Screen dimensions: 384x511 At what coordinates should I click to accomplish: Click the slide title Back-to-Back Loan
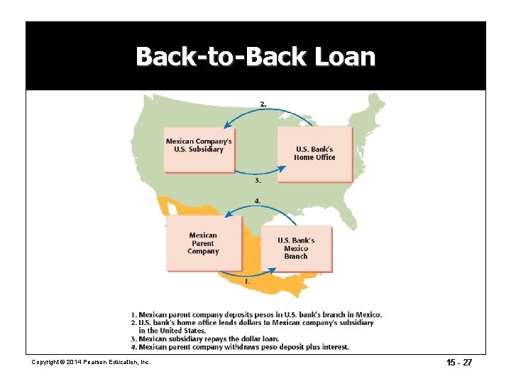pos(255,55)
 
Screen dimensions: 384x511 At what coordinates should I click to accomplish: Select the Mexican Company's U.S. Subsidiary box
pos(199,149)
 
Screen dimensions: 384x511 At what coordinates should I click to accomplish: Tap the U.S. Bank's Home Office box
pos(314,154)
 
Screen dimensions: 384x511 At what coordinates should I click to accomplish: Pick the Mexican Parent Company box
pos(204,243)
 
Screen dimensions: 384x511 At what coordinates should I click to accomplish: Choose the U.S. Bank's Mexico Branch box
pos(296,248)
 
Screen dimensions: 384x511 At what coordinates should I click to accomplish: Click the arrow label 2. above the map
pos(263,105)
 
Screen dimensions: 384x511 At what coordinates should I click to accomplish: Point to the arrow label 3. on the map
pos(258,181)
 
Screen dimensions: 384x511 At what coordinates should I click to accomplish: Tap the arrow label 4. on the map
pos(257,201)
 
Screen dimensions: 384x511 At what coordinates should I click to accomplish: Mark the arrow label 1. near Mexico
pos(247,281)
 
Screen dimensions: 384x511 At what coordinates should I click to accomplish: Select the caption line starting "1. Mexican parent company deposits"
pos(256,314)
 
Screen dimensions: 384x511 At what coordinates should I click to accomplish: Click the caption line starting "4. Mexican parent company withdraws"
pos(240,347)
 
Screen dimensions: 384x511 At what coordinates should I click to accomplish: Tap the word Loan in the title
pos(344,55)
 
